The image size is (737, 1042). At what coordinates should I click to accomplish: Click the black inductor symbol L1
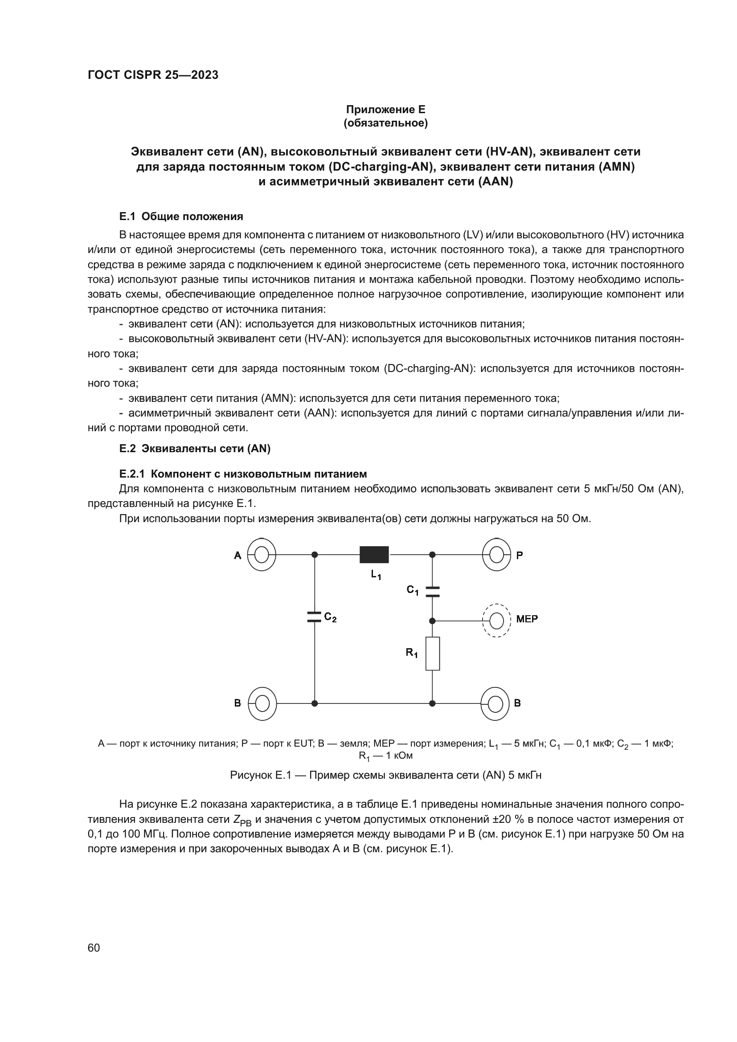coord(374,555)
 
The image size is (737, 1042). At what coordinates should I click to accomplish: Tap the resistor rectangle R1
coord(432,654)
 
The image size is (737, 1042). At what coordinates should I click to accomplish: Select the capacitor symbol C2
coord(315,617)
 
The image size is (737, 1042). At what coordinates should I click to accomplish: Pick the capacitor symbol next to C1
coord(432,591)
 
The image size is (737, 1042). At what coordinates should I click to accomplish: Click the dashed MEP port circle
coord(496,621)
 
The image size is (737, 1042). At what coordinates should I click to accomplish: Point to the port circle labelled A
coord(262,555)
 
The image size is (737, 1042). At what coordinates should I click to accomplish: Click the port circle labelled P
coord(496,555)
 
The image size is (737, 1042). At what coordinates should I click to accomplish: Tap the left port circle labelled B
coord(262,703)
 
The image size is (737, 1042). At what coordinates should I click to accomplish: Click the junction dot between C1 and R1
coord(432,621)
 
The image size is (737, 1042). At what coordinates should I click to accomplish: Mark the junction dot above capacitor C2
coord(315,555)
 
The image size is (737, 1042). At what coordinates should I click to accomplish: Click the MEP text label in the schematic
coord(526,619)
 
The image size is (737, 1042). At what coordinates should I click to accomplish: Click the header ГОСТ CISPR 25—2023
coord(153,75)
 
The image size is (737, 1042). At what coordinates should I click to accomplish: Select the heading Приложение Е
coord(385,110)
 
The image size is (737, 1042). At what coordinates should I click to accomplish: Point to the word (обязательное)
coord(385,123)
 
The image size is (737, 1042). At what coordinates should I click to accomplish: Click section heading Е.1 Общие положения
coord(181,217)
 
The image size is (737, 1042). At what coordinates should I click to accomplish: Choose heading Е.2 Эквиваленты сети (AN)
coord(195,449)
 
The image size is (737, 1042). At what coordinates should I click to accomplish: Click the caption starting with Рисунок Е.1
coord(385,775)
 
